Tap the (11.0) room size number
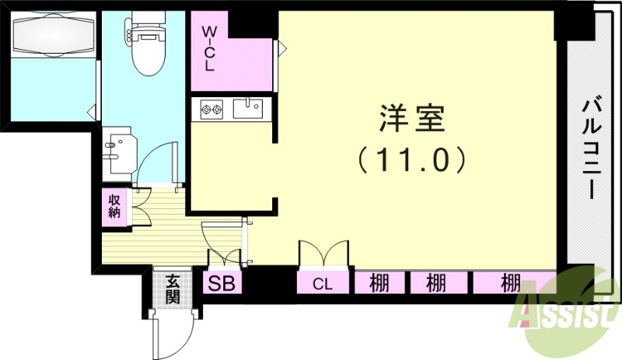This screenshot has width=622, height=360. pos(412,159)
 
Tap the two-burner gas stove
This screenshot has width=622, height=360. pos(212,108)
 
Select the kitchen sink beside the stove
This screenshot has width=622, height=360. pos(249,107)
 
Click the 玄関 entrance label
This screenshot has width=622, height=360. pos(173,289)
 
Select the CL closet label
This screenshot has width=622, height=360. pos(322,284)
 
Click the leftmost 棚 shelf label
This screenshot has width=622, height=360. pos(379,283)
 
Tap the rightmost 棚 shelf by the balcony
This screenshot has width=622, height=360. pos(510,283)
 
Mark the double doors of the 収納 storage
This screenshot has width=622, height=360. pos(141,205)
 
